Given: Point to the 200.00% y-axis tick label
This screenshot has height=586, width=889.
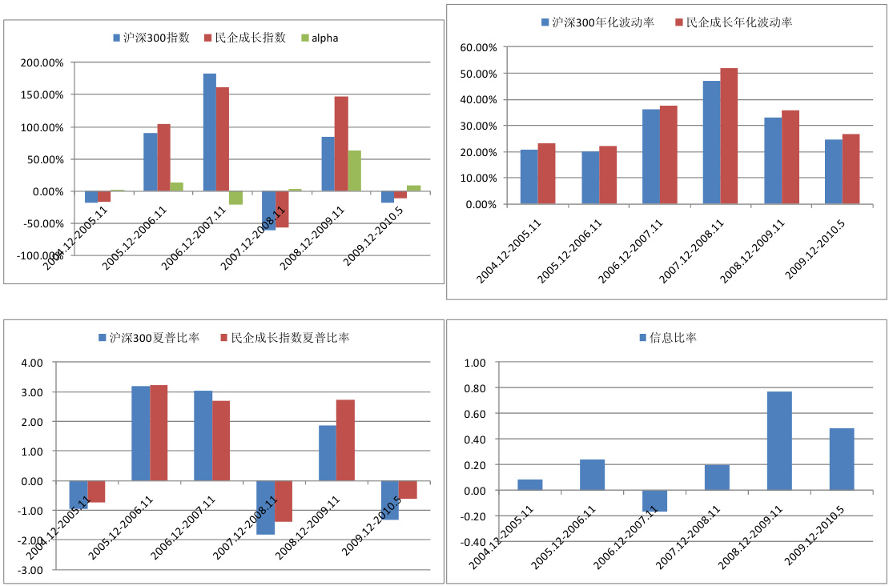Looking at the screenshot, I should tap(41, 62).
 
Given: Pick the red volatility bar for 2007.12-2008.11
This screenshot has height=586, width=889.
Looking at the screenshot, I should tap(729, 136).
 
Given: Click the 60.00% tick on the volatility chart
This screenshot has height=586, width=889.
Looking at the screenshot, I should tap(478, 47).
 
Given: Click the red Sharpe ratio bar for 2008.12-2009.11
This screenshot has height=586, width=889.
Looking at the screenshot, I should tap(345, 440).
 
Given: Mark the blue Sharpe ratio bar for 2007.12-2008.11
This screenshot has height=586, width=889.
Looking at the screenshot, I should tap(265, 508).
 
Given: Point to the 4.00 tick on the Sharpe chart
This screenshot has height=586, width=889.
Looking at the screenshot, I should tap(31, 363).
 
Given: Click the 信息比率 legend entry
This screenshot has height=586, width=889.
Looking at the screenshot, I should tap(673, 338).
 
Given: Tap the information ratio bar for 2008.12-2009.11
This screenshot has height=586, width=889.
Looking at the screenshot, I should tap(779, 440).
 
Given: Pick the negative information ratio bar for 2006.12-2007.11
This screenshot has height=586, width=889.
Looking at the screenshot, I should tap(654, 500).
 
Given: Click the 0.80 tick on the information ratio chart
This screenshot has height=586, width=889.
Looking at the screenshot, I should tap(476, 388).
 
